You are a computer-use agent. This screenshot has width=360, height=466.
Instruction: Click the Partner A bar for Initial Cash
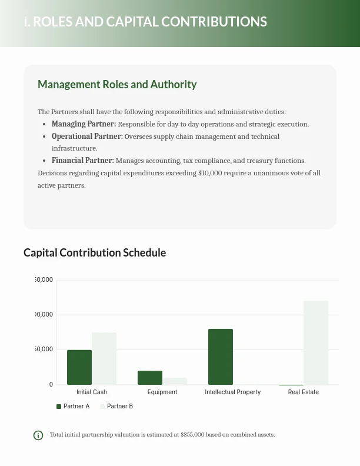tap(79, 367)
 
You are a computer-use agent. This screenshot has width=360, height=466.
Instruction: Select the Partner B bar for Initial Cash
tap(104, 358)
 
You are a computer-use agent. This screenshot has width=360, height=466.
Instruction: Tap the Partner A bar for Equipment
tap(150, 378)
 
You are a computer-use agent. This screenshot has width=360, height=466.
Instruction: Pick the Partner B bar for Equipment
tap(175, 381)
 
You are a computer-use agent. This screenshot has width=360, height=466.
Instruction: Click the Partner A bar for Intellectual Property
tap(221, 357)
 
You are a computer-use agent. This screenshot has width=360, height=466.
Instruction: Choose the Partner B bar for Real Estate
tap(316, 342)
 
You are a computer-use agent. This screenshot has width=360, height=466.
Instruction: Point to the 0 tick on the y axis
tap(51, 385)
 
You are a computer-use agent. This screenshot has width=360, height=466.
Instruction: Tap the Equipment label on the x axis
tap(162, 392)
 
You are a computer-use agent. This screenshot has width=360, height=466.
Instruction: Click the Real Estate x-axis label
tap(304, 392)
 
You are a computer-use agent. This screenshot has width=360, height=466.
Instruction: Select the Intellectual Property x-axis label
tap(232, 392)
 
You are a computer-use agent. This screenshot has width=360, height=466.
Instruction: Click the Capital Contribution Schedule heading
tap(95, 252)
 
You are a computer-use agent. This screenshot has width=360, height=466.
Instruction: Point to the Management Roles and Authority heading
tap(117, 85)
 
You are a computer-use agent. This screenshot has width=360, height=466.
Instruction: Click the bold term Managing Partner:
tap(84, 124)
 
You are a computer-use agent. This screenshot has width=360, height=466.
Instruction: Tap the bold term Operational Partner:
tap(87, 137)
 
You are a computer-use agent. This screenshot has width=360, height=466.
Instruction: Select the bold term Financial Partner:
tap(82, 161)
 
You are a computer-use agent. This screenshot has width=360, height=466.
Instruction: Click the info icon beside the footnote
tap(38, 435)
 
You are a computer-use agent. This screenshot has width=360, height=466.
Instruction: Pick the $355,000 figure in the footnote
tap(192, 435)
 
